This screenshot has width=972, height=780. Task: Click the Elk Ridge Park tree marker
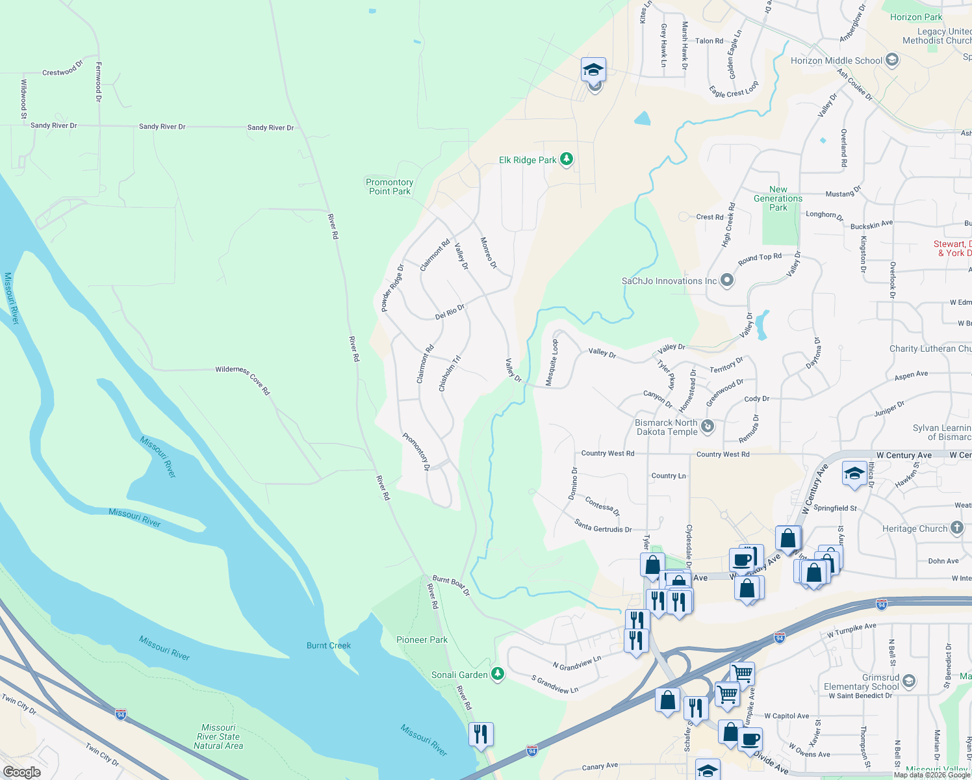click(x=567, y=159)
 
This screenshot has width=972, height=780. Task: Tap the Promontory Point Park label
click(x=390, y=187)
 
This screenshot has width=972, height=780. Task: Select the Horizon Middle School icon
click(x=892, y=60)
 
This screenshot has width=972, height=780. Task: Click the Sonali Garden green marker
click(x=498, y=674)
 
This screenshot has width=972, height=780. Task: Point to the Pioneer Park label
click(x=422, y=640)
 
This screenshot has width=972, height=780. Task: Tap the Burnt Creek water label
click(x=329, y=645)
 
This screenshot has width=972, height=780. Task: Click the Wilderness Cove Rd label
click(x=243, y=380)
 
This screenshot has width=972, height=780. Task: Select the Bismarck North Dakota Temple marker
click(x=708, y=426)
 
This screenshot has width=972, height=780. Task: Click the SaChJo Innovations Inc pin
click(x=727, y=281)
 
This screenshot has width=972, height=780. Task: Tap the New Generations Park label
click(x=778, y=198)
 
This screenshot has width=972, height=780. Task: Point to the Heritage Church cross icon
click(x=957, y=528)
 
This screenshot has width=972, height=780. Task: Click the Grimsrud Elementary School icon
click(x=909, y=681)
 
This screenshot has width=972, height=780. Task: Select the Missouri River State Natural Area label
click(x=218, y=736)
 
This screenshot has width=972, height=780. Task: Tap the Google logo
click(x=21, y=772)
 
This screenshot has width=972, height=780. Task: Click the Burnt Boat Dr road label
click(x=451, y=584)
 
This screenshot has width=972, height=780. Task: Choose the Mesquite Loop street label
click(x=551, y=363)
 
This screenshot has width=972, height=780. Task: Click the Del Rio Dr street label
click(x=450, y=312)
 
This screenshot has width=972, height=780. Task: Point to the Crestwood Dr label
click(x=63, y=68)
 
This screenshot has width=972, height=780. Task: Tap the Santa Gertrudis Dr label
click(x=603, y=526)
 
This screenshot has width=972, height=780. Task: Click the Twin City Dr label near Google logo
click(x=102, y=755)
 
